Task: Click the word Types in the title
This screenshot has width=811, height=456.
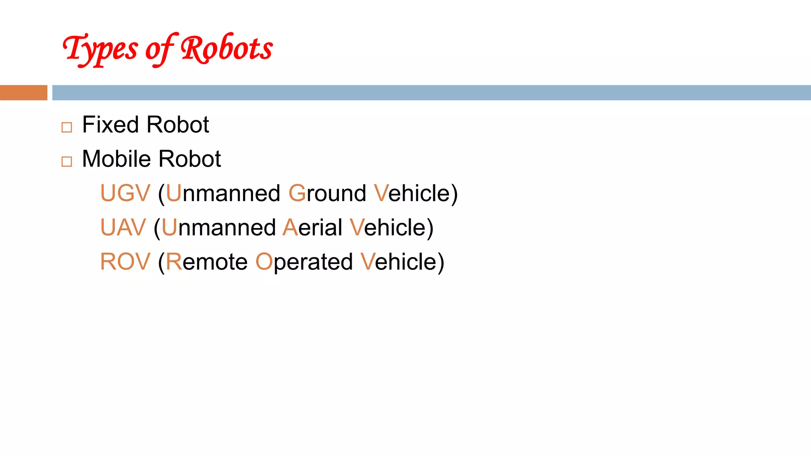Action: (100, 49)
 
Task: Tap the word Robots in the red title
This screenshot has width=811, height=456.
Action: (227, 49)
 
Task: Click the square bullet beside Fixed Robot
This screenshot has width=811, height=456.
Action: (67, 127)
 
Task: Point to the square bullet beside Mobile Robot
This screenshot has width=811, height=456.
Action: (67, 161)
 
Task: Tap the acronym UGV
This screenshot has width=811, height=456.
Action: (125, 193)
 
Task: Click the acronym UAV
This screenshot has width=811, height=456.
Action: (123, 228)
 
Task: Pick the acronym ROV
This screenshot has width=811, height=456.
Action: (125, 262)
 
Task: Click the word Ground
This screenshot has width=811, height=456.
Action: (327, 193)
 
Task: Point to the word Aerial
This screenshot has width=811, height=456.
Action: (312, 228)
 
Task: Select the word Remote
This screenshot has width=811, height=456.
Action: (207, 262)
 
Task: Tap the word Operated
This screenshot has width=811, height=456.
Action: (304, 262)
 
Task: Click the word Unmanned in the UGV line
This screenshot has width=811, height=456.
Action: (223, 193)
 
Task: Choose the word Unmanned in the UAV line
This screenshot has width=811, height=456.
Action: (219, 228)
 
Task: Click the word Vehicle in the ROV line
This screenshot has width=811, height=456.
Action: (399, 262)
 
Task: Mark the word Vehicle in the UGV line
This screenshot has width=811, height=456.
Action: (412, 193)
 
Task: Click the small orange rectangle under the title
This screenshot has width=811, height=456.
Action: (24, 93)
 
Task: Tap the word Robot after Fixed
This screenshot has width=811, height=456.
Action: (177, 125)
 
